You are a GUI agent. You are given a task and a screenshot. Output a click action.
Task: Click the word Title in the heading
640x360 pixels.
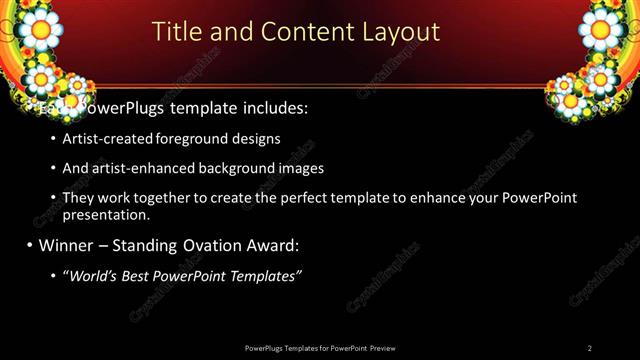(176, 32)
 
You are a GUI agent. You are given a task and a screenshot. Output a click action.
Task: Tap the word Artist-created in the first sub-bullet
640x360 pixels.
(103, 139)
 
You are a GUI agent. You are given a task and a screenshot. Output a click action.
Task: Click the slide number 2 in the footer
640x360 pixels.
(590, 348)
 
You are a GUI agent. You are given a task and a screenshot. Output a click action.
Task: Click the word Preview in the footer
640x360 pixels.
(382, 348)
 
